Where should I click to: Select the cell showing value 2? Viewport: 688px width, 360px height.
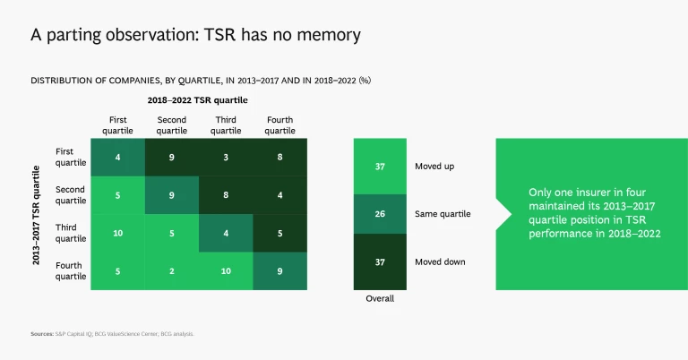tap(172, 270)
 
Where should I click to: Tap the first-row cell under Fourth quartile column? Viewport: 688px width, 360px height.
tap(280, 158)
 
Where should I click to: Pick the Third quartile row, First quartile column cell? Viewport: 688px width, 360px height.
tap(117, 233)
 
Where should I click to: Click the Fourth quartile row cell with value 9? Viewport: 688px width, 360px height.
tap(280, 270)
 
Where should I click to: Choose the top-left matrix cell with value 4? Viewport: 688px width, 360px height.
tap(117, 158)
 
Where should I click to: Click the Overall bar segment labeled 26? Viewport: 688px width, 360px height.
tap(380, 214)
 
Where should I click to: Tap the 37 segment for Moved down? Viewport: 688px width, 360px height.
tap(380, 261)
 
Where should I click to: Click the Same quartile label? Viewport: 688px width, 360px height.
tap(443, 214)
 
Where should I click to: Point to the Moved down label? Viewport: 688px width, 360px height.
tap(440, 261)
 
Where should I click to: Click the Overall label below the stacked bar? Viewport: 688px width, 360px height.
tap(380, 299)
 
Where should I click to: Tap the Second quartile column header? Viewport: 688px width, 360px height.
tap(172, 124)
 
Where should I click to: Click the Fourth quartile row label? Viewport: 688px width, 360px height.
tap(71, 270)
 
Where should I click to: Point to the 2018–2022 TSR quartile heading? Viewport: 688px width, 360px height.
tap(198, 100)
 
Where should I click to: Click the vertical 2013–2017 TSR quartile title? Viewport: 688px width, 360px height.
tap(36, 214)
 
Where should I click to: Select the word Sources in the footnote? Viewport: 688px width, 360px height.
tap(41, 333)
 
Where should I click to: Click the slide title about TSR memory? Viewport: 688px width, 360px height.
tap(195, 35)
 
